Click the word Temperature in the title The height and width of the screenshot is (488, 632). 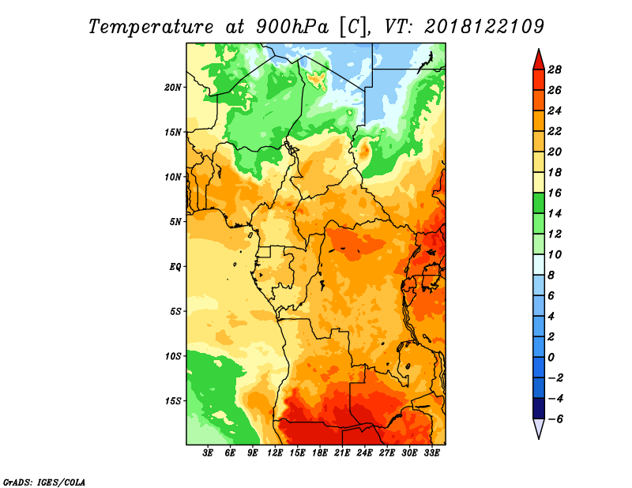coord(151,28)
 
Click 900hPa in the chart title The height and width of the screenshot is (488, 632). coord(292,28)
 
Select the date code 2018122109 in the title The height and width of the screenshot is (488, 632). coord(484,27)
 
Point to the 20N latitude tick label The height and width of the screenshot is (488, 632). coord(173,88)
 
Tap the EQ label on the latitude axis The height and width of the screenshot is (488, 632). coord(175,267)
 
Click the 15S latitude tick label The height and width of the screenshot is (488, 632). coord(173,401)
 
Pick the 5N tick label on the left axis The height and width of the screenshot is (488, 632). coord(175,222)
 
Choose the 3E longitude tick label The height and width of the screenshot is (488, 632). coord(208,453)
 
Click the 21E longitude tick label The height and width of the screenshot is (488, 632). coord(342,453)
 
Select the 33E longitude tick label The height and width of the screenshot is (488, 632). coord(431,453)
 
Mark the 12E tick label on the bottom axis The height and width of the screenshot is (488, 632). coord(275,453)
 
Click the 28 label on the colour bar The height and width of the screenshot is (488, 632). coord(555,69)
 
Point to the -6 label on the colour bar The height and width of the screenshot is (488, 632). coord(555,419)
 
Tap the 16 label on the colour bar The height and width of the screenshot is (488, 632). coord(555,193)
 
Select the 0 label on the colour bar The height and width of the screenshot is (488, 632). coord(551,358)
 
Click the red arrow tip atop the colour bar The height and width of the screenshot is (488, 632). coord(539,49)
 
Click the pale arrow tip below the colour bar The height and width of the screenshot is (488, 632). coord(539,438)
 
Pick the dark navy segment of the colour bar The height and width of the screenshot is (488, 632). coord(539,408)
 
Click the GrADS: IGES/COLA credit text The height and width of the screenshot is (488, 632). coord(44,482)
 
